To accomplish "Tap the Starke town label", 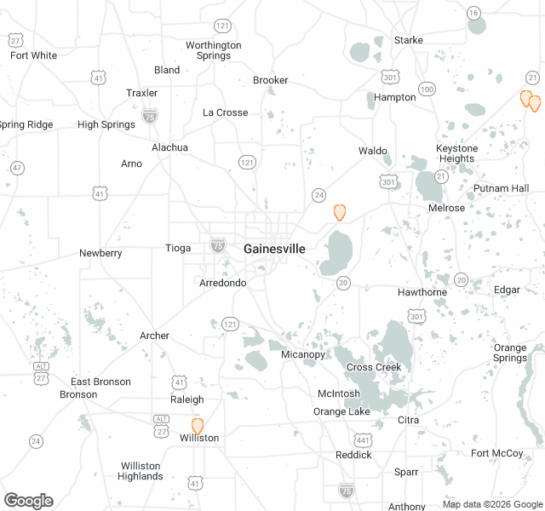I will pyautogui.click(x=408, y=40).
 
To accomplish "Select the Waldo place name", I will pyautogui.click(x=372, y=151).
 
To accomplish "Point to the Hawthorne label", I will pyautogui.click(x=422, y=292).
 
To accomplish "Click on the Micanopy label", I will pyautogui.click(x=302, y=354).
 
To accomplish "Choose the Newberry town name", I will pyautogui.click(x=100, y=253).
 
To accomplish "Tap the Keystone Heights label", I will pyautogui.click(x=456, y=153).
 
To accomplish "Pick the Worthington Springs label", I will pyautogui.click(x=213, y=50).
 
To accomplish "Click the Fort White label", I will pyautogui.click(x=33, y=55).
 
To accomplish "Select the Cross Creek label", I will pyautogui.click(x=373, y=367).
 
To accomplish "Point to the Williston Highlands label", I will pyautogui.click(x=141, y=471).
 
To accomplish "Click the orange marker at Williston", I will pyautogui.click(x=198, y=426).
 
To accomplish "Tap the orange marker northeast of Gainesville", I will pyautogui.click(x=340, y=212).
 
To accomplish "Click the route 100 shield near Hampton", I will pyautogui.click(x=427, y=89).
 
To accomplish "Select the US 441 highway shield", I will pyautogui.click(x=363, y=439).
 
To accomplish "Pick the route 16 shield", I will pyautogui.click(x=473, y=12).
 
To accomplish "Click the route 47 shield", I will pyautogui.click(x=17, y=168).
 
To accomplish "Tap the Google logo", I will pyautogui.click(x=28, y=500).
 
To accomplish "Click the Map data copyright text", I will pyautogui.click(x=491, y=504).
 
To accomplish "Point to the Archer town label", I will pyautogui.click(x=154, y=336).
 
